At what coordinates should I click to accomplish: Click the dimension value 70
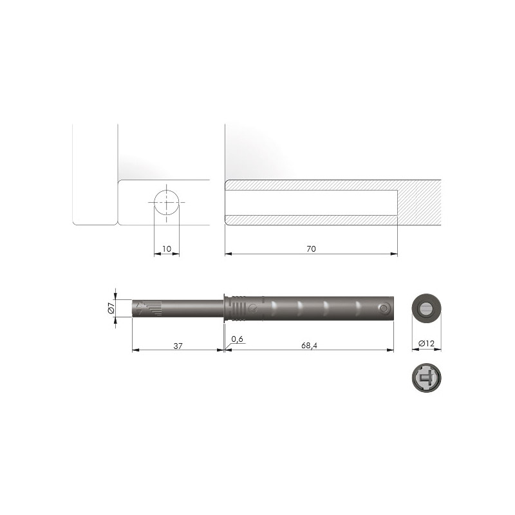click(311, 248)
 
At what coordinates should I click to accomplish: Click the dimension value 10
click(167, 248)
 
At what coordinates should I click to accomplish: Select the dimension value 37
click(178, 346)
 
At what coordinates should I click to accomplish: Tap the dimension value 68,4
click(309, 346)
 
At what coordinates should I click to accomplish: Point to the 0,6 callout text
click(237, 339)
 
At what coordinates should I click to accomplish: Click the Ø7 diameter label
click(111, 308)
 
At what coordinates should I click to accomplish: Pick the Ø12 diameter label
click(426, 344)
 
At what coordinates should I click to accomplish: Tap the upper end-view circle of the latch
click(426, 308)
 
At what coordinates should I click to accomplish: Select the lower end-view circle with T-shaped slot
click(426, 378)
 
